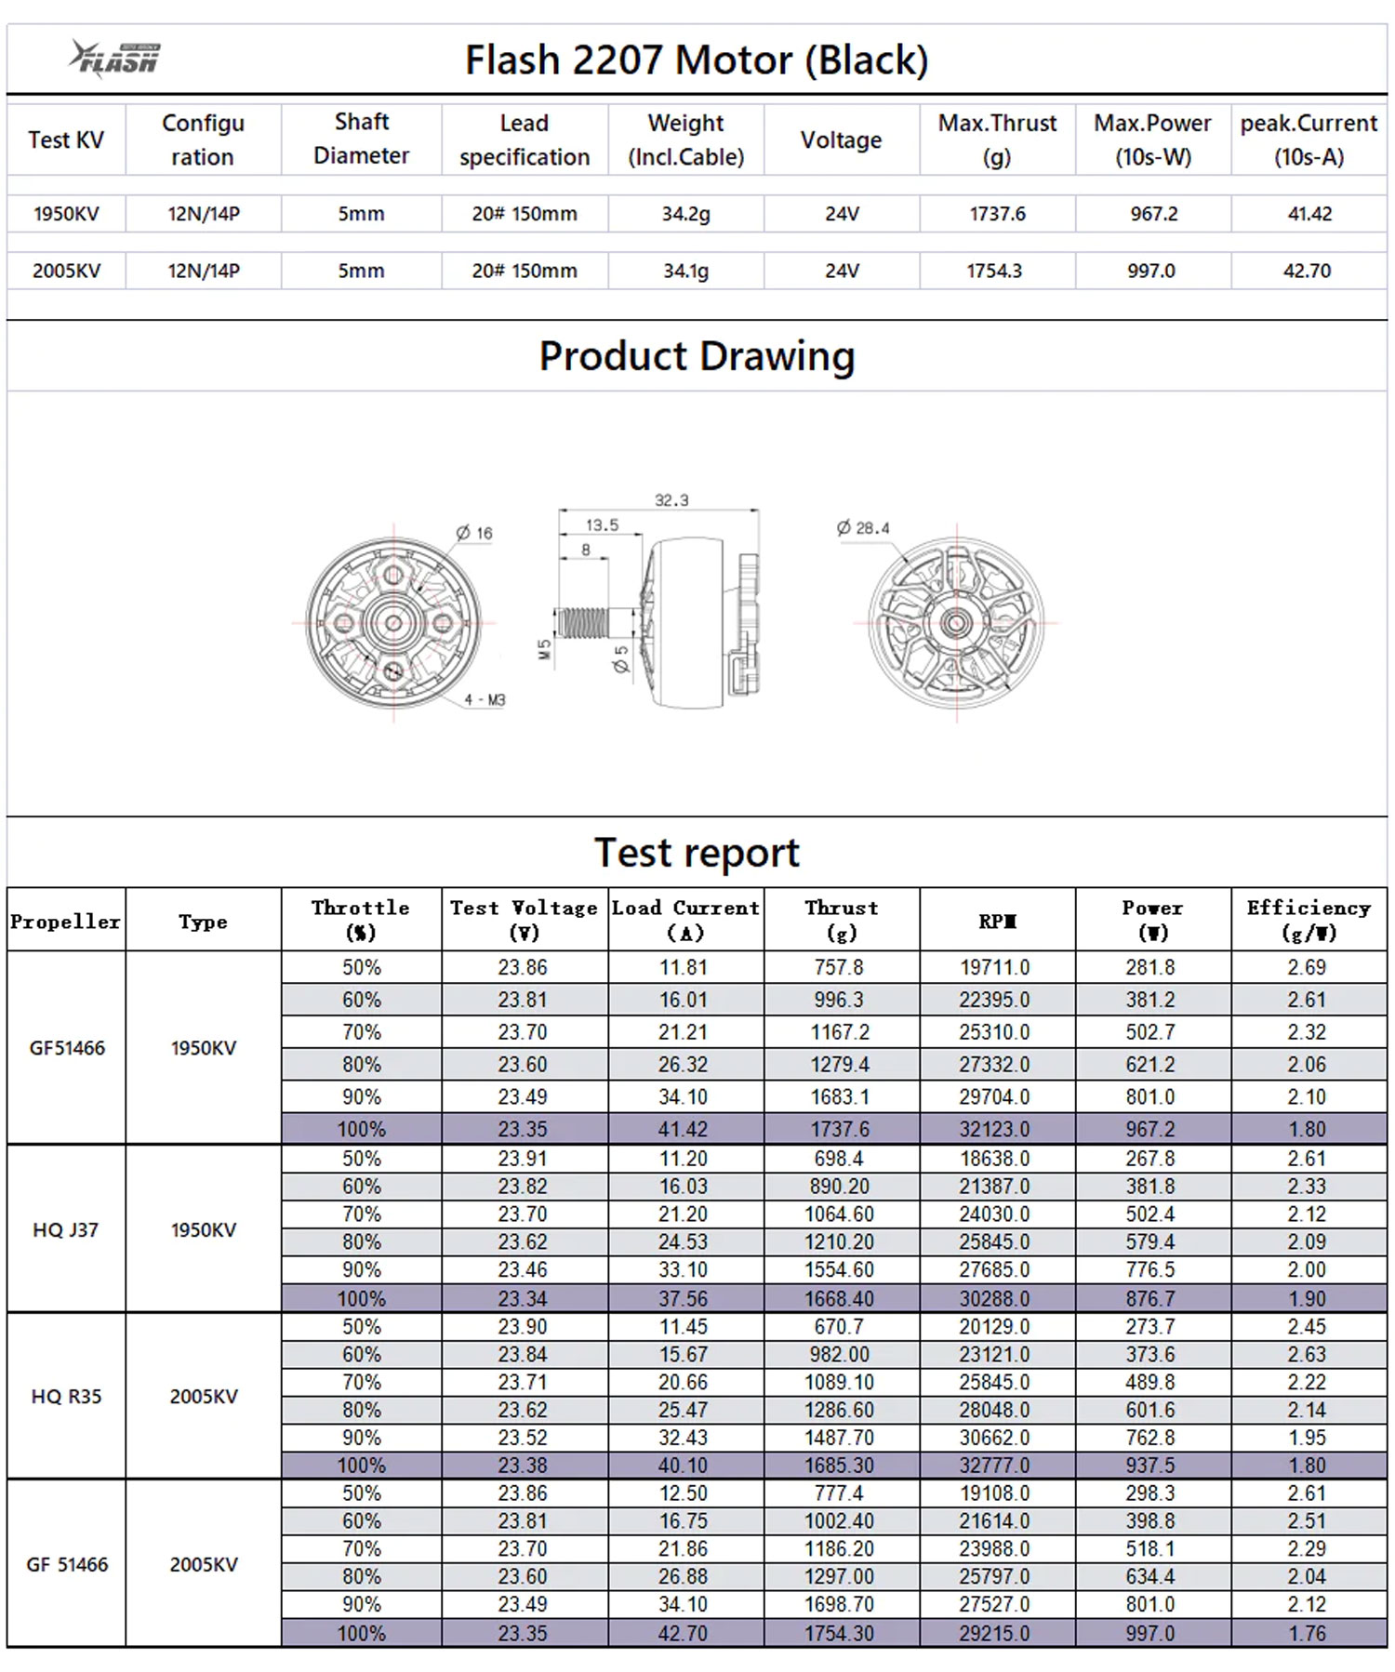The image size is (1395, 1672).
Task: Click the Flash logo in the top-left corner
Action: pyautogui.click(x=114, y=59)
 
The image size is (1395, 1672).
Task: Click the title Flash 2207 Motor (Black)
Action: pyautogui.click(x=696, y=60)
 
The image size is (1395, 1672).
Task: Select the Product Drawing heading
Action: pyautogui.click(x=697, y=356)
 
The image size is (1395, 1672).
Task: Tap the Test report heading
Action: pyautogui.click(x=697, y=853)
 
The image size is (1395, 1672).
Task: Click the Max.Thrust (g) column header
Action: pyautogui.click(x=997, y=139)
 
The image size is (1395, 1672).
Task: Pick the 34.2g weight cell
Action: pyautogui.click(x=685, y=214)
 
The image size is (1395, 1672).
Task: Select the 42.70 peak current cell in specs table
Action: pyautogui.click(x=1307, y=271)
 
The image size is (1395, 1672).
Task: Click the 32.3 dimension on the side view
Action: pyautogui.click(x=671, y=500)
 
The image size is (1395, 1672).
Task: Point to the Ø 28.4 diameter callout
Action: pyautogui.click(x=863, y=528)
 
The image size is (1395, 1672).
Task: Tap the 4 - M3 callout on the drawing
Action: pyautogui.click(x=485, y=699)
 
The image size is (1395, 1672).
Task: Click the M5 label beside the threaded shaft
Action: pyautogui.click(x=545, y=649)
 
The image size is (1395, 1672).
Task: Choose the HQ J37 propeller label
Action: pyautogui.click(x=65, y=1230)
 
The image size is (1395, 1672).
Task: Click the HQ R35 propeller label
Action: pyautogui.click(x=66, y=1397)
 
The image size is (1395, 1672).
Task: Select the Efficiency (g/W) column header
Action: pyautogui.click(x=1308, y=920)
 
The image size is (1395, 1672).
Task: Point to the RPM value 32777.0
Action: pyautogui.click(x=994, y=1466)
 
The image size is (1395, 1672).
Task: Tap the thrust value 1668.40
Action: pyautogui.click(x=839, y=1298)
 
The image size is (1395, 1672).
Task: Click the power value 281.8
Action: pyautogui.click(x=1150, y=967)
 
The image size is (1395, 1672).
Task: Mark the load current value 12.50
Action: pyautogui.click(x=684, y=1493)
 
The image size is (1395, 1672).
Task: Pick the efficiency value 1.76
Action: pyautogui.click(x=1307, y=1633)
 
